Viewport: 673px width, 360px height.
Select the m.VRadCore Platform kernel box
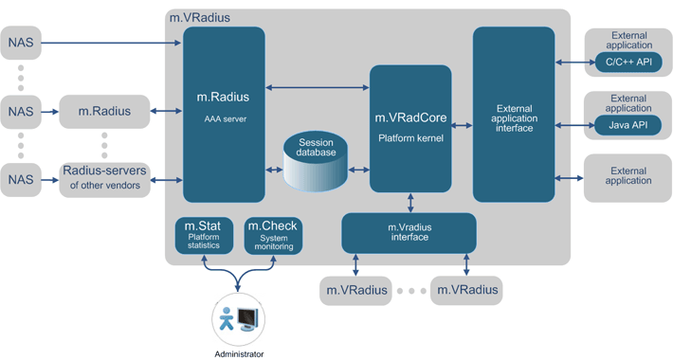click(x=409, y=129)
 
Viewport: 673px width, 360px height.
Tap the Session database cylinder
click(x=316, y=159)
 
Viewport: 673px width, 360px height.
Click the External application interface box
click(x=513, y=114)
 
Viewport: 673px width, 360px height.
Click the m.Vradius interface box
click(x=409, y=232)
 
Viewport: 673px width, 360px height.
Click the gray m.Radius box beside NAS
click(x=104, y=112)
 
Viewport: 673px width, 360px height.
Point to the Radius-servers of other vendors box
click(x=104, y=177)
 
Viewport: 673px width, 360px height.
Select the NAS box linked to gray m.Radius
click(x=21, y=112)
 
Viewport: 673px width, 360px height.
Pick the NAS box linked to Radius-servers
click(x=21, y=177)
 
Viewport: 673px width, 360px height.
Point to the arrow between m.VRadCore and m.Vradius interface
click(x=409, y=202)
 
